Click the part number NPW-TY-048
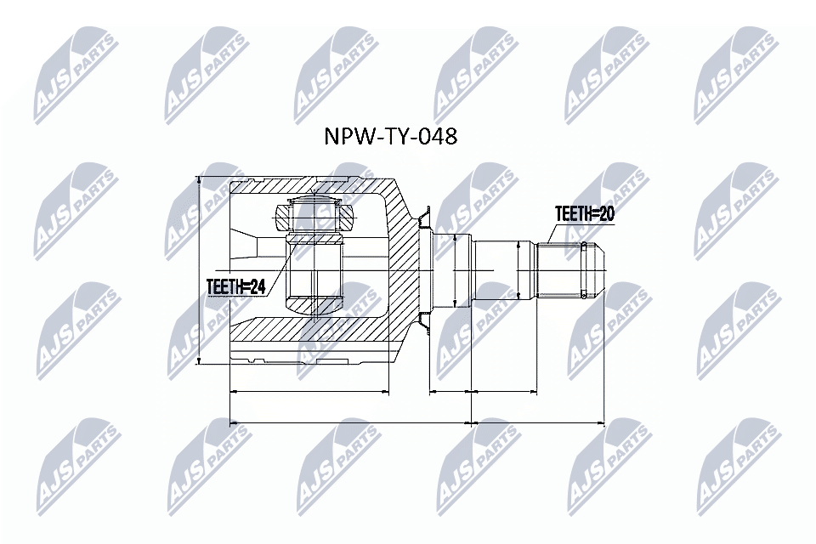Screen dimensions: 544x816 coord(392,137)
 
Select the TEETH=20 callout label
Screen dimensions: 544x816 coord(584,213)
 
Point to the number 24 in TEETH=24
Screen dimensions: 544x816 coord(256,288)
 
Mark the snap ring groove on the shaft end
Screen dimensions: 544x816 coord(583,270)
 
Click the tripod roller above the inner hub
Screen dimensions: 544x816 coord(314,214)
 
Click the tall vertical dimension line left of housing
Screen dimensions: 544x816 coord(198,270)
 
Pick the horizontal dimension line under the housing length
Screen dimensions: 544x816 coord(310,393)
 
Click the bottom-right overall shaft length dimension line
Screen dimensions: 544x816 coord(537,422)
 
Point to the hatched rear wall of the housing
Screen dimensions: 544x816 coord(405,270)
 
